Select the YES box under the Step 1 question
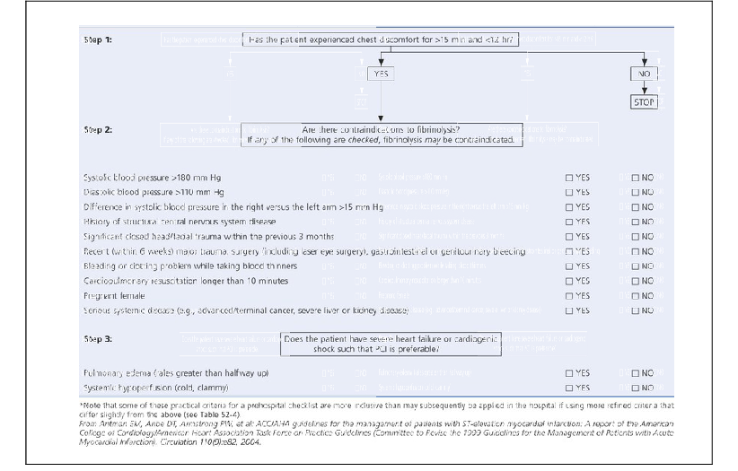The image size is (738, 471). pos(382,74)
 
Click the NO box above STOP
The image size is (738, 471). pos(643,74)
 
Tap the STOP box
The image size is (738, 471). pos(643,102)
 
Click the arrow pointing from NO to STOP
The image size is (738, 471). pos(643,88)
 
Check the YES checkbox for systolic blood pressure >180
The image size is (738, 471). pos(569,178)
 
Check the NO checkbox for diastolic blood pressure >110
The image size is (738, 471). pos(636,192)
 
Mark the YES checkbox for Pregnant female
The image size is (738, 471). pos(569,296)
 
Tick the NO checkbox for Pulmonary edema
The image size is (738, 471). pos(636,373)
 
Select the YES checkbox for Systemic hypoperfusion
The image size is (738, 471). pos(569,388)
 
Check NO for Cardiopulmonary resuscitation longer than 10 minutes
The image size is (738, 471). pos(636,281)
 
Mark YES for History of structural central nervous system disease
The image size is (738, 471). pos(569,222)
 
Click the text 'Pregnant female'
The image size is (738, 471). pos(110,296)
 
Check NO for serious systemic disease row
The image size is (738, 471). pos(636,310)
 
